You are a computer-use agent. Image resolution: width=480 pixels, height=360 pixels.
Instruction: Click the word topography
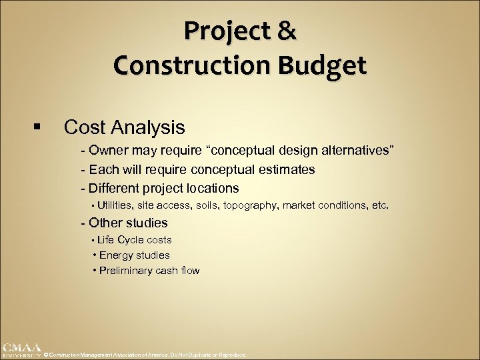point(255,205)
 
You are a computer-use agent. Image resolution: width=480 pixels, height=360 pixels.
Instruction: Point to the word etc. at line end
point(378,205)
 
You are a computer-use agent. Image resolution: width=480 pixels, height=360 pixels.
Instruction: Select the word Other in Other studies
point(103,223)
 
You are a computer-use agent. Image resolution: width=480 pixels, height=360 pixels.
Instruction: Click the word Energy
point(116,255)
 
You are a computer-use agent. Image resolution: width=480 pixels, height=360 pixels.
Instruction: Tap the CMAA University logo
point(21,351)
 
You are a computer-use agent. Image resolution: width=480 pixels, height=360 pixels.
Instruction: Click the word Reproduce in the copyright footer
point(233,355)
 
